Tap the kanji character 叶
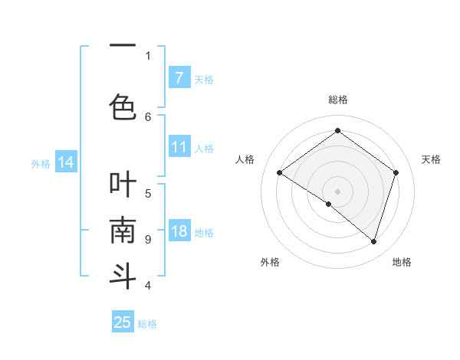click(x=123, y=185)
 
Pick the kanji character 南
click(x=123, y=230)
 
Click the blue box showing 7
click(x=179, y=77)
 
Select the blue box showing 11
click(x=179, y=147)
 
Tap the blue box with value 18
click(x=179, y=232)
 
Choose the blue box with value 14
click(x=65, y=162)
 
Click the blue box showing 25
click(x=123, y=322)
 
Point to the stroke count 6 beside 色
click(x=148, y=116)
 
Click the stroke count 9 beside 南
click(x=148, y=239)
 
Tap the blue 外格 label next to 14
click(x=41, y=163)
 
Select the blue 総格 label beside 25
click(x=147, y=324)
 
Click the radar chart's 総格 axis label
click(x=337, y=100)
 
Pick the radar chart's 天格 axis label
click(x=431, y=159)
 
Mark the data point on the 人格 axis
click(x=280, y=172)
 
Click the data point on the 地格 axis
click(x=373, y=241)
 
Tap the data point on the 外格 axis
click(x=329, y=204)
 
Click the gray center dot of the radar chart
click(x=337, y=191)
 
